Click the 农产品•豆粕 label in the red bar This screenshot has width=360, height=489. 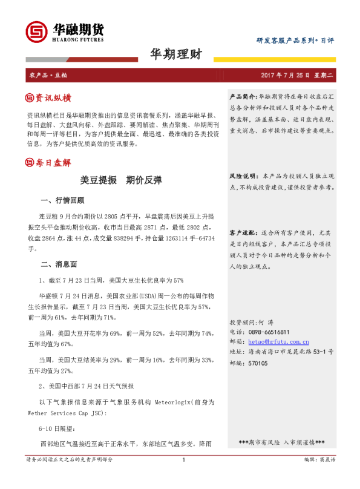tap(48, 75)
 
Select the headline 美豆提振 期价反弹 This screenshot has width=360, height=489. tap(123, 180)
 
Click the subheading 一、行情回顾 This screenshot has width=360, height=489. tap(62, 200)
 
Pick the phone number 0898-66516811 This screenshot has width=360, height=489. tap(269, 332)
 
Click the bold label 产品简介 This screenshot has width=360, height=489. tap(243, 97)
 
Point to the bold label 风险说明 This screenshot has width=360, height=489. tap(243, 176)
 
